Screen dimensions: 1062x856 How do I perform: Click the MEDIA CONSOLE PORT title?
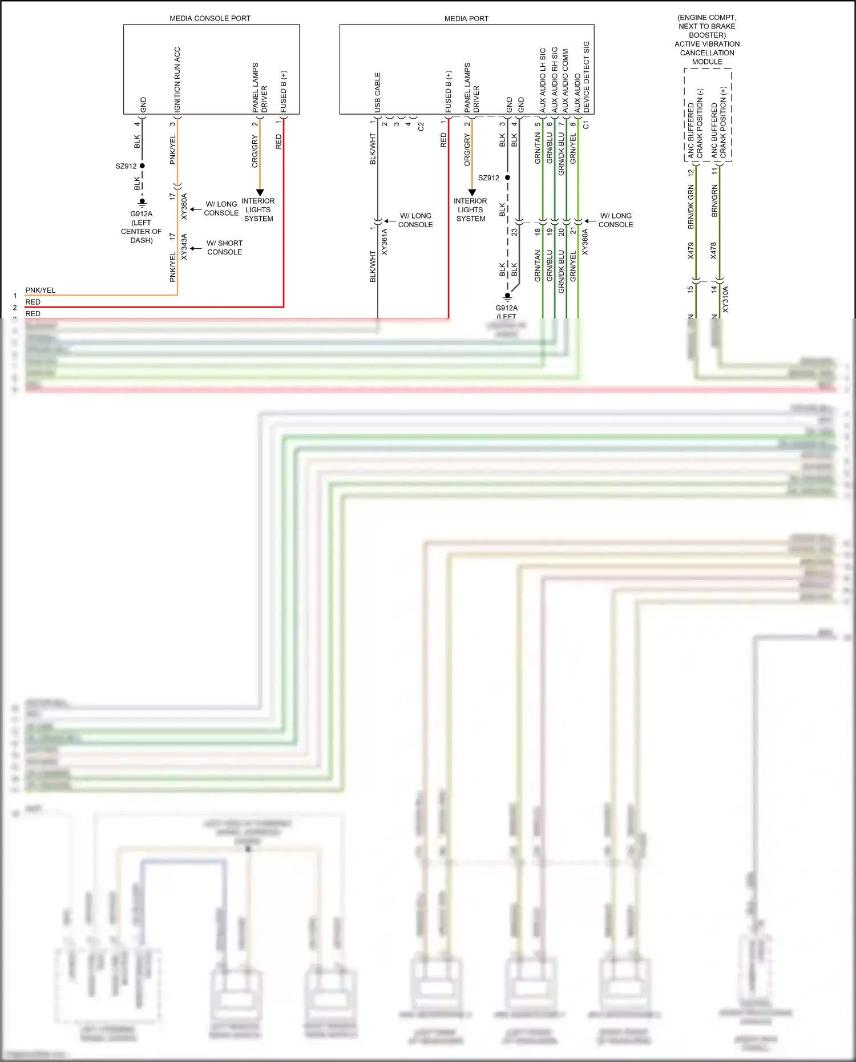click(209, 18)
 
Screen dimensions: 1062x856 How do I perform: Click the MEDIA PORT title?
click(466, 18)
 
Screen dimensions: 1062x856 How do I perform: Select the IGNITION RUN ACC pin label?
click(177, 79)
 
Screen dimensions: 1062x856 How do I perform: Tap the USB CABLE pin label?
click(377, 92)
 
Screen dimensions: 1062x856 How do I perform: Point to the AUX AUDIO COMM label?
click(565, 80)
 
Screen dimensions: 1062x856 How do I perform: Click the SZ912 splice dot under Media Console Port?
click(142, 166)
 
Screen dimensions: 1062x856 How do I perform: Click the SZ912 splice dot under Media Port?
click(507, 177)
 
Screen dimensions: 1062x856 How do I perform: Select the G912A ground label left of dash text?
click(141, 227)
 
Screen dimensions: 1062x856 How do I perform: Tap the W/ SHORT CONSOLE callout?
click(224, 247)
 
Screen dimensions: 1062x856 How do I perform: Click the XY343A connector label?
click(184, 247)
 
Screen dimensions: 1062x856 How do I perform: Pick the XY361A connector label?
click(384, 241)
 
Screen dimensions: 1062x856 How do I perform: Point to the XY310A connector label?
click(725, 299)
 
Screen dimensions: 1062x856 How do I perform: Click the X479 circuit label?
click(691, 251)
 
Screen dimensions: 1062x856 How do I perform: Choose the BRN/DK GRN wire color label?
click(691, 207)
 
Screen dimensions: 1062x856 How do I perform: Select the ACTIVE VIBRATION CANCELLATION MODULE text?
click(707, 53)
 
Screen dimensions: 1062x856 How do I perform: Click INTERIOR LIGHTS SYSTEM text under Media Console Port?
click(258, 209)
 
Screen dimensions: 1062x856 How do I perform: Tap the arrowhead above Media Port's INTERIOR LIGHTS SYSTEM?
click(472, 193)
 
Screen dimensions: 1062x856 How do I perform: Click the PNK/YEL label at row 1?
click(40, 290)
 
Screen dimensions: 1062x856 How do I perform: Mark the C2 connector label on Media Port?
click(421, 127)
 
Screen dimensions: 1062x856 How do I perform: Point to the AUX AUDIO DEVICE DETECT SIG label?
click(582, 76)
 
